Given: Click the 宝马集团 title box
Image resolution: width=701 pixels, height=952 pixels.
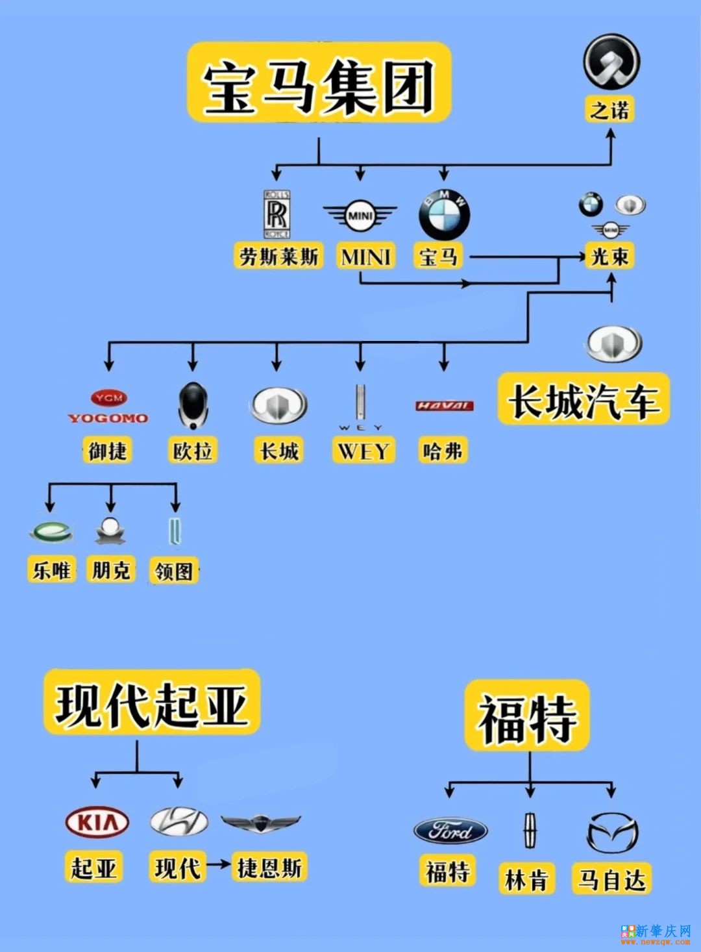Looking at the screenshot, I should click(x=319, y=82).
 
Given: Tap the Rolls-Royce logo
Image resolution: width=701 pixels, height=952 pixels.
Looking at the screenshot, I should click(x=277, y=214).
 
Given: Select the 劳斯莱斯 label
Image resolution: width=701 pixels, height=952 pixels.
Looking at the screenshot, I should click(x=278, y=256).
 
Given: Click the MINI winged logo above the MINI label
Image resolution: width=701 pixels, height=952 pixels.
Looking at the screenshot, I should click(x=360, y=216).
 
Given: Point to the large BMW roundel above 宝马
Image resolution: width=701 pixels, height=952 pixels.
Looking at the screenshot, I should click(x=444, y=215).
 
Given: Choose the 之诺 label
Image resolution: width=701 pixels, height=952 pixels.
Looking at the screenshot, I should click(x=609, y=109).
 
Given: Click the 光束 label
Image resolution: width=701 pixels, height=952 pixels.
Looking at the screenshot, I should click(x=609, y=256).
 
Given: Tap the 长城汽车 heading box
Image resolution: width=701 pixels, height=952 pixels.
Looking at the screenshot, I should click(x=584, y=400).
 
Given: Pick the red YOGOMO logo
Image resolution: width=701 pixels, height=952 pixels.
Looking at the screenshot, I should click(x=108, y=407).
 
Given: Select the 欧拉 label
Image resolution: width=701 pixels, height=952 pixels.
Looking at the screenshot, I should click(x=193, y=450).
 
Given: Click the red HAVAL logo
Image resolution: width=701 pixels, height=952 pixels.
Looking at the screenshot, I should click(x=445, y=406).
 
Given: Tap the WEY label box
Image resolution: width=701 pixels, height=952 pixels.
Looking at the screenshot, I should click(x=363, y=450).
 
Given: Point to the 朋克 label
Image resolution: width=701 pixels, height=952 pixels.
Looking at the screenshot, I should click(x=111, y=570).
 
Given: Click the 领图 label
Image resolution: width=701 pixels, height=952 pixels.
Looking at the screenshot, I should click(x=173, y=571).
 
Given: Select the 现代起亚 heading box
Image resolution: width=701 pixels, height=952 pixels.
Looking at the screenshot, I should click(x=152, y=704).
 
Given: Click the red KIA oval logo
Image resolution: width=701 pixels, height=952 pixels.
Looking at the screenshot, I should click(x=97, y=823).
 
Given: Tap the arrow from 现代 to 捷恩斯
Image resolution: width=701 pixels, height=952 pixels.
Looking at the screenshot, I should click(x=218, y=864).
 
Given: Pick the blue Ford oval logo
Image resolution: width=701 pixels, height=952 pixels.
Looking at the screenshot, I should click(x=450, y=831).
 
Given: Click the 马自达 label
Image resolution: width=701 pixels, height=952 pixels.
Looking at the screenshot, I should click(x=611, y=880).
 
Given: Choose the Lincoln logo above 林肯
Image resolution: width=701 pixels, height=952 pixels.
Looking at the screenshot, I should click(x=530, y=830).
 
